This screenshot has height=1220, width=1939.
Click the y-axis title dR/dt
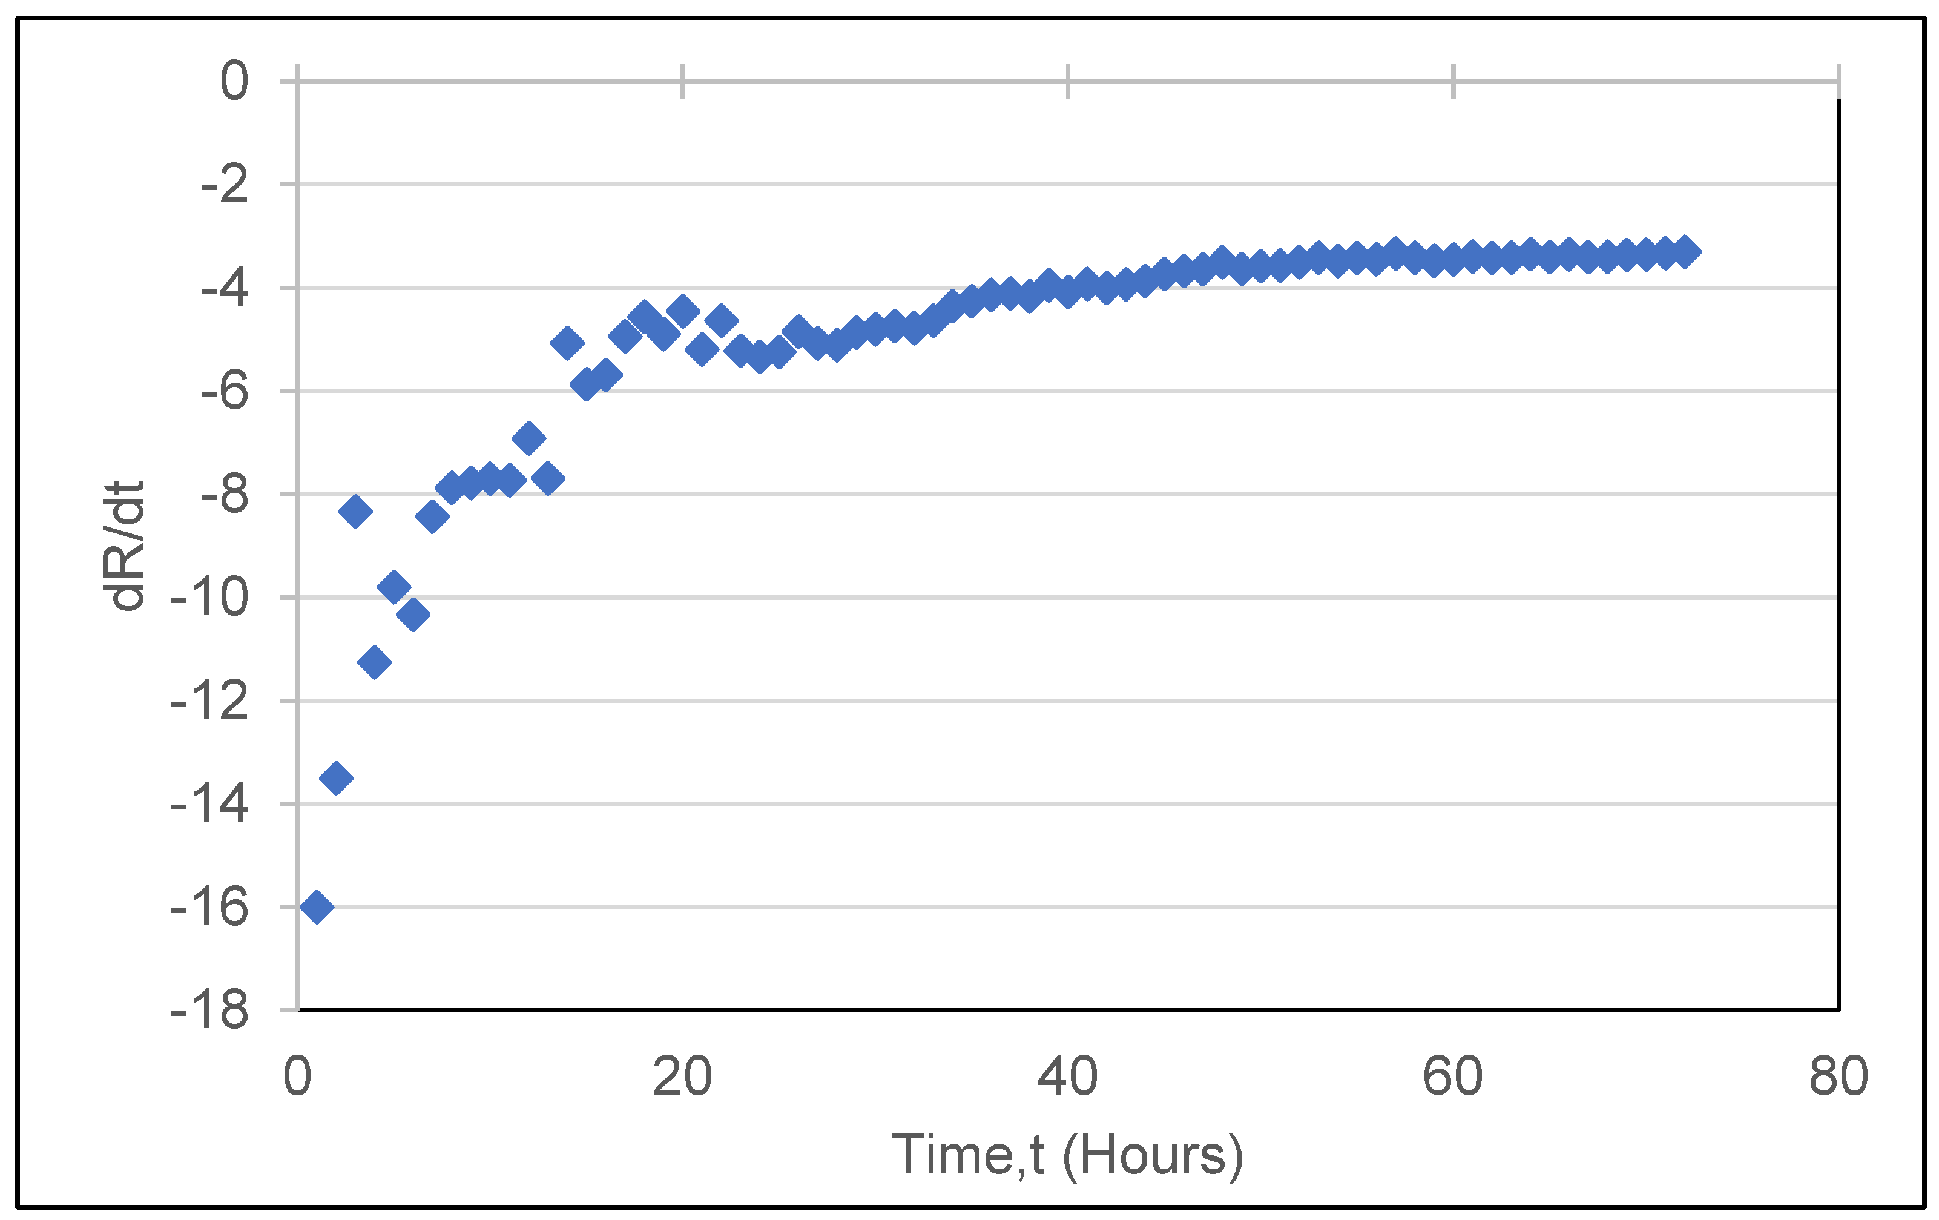pos(122,546)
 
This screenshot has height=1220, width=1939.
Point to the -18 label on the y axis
pos(209,1011)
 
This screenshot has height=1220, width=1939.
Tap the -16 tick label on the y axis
pos(209,908)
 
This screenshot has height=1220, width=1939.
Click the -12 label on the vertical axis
pos(209,701)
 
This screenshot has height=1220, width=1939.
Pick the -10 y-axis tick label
pos(209,598)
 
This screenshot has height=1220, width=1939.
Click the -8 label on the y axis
pos(224,495)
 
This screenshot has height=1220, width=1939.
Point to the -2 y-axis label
pos(224,185)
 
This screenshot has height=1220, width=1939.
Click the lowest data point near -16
pos(317,907)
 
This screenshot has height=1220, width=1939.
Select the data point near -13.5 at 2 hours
pos(336,778)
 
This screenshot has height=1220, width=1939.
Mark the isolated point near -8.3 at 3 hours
pos(355,510)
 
